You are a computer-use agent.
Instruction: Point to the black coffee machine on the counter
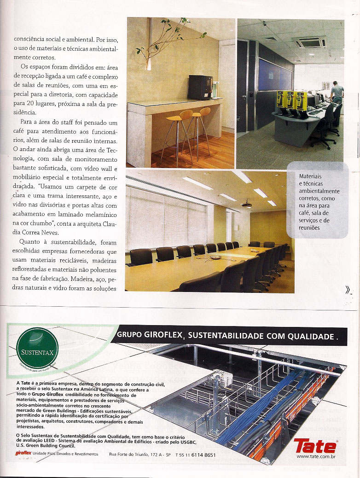200,87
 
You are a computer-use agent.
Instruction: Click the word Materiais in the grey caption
310,176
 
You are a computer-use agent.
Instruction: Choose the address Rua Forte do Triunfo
134,455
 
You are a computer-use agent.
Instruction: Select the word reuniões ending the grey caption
309,228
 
